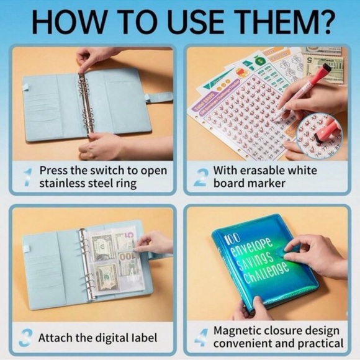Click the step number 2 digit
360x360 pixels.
tap(199, 176)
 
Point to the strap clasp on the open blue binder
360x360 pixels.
tap(160, 97)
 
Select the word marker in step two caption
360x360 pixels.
tap(268, 183)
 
